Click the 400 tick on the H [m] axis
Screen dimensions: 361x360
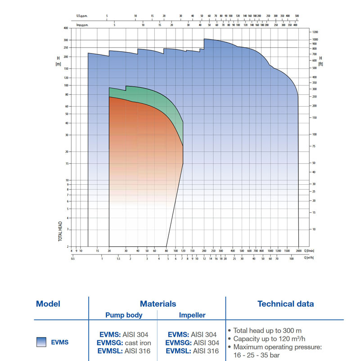(x=66, y=28)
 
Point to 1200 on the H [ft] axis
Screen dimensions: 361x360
(x=315, y=32)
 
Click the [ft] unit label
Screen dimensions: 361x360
(x=320, y=64)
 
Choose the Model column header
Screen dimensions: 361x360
(x=48, y=304)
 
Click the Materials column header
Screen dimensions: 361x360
(x=157, y=304)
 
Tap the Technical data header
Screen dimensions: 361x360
(x=285, y=304)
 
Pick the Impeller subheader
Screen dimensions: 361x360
(x=193, y=315)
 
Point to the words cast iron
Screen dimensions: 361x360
(x=138, y=343)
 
